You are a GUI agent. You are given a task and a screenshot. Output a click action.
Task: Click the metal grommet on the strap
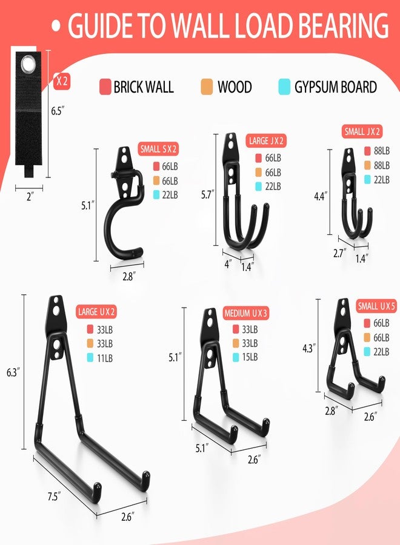click(x=28, y=64)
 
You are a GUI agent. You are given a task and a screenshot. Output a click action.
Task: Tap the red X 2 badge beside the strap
click(x=62, y=82)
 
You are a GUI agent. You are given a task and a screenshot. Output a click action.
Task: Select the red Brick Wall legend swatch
click(x=105, y=87)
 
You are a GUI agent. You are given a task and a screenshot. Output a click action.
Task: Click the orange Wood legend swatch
click(x=207, y=87)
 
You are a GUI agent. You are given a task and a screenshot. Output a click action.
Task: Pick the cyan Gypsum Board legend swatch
click(x=284, y=87)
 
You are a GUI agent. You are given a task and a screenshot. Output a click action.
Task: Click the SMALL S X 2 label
click(x=158, y=150)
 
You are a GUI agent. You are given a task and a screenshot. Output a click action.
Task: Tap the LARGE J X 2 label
click(x=266, y=140)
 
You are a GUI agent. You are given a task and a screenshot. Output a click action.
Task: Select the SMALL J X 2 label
click(x=362, y=131)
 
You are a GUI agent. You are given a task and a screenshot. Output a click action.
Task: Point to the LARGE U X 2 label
click(x=96, y=311)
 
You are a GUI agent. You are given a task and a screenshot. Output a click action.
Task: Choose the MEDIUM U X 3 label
click(x=245, y=313)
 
